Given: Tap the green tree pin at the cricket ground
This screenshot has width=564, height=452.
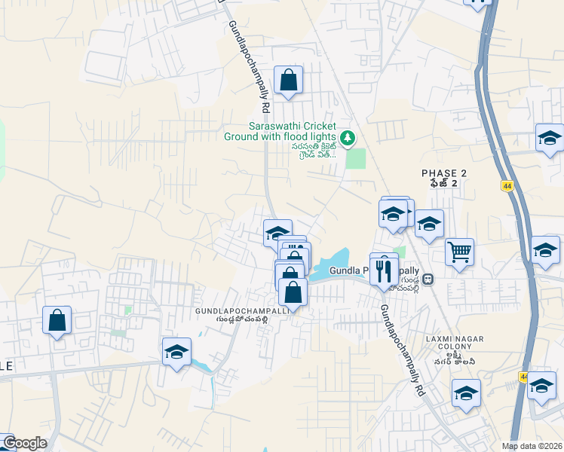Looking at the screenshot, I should coord(348,138).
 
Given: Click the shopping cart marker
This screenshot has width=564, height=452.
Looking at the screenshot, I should coord(459,252).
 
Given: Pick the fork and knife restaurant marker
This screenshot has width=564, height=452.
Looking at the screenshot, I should coord(384,268).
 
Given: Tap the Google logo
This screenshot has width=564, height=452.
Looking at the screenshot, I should coord(24,443).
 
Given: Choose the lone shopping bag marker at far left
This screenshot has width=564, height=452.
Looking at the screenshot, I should coord(57,320).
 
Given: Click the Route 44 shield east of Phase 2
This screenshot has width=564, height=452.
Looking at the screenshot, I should coord(507,185).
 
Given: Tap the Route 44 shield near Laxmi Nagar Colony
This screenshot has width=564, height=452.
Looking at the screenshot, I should coord(523,376).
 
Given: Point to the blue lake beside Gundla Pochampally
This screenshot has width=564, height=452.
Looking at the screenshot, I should coord(332,265).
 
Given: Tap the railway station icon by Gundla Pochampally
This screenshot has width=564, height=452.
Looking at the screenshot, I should coord(428,278).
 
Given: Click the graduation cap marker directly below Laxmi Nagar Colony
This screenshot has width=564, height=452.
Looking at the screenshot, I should coord(466,393).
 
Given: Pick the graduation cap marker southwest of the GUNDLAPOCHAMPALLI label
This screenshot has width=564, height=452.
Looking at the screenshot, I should coord(176,352).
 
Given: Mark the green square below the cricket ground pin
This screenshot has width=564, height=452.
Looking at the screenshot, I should coord(355,159).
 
